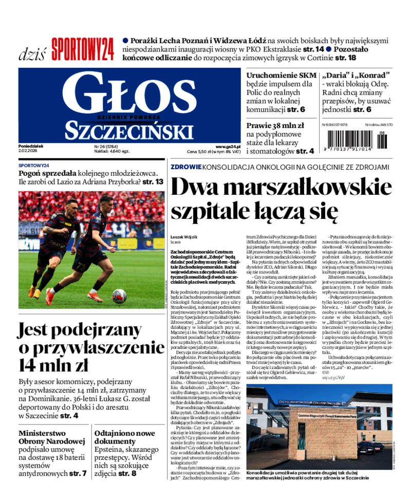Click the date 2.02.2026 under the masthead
31,152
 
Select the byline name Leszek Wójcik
184,233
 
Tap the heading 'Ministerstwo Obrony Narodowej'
51,437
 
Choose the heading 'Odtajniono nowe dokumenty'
124,437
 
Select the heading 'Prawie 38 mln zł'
275,125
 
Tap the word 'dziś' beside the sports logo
32,52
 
